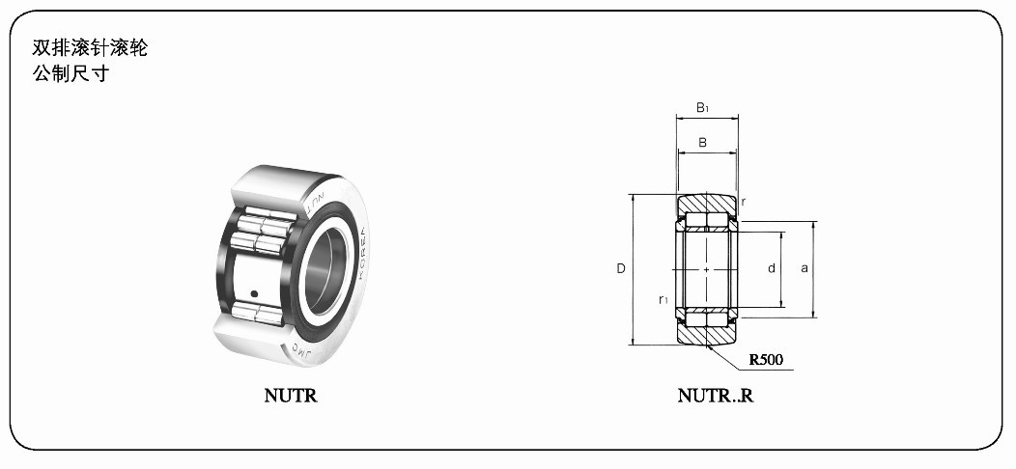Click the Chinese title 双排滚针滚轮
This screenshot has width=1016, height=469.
pos(90,48)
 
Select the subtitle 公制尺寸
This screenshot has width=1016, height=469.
pos(71,73)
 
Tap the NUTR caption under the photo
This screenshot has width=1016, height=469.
pos(291,396)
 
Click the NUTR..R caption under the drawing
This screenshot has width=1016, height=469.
pos(716,395)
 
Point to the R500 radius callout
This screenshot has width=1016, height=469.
pos(766,360)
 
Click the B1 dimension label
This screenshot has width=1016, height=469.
pos(702,107)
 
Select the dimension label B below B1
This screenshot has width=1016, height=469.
pos(702,143)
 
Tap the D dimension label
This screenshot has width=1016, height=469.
pos(621,268)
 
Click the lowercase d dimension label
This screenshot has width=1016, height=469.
pos(772,267)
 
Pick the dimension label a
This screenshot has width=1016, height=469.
pos(804,268)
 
